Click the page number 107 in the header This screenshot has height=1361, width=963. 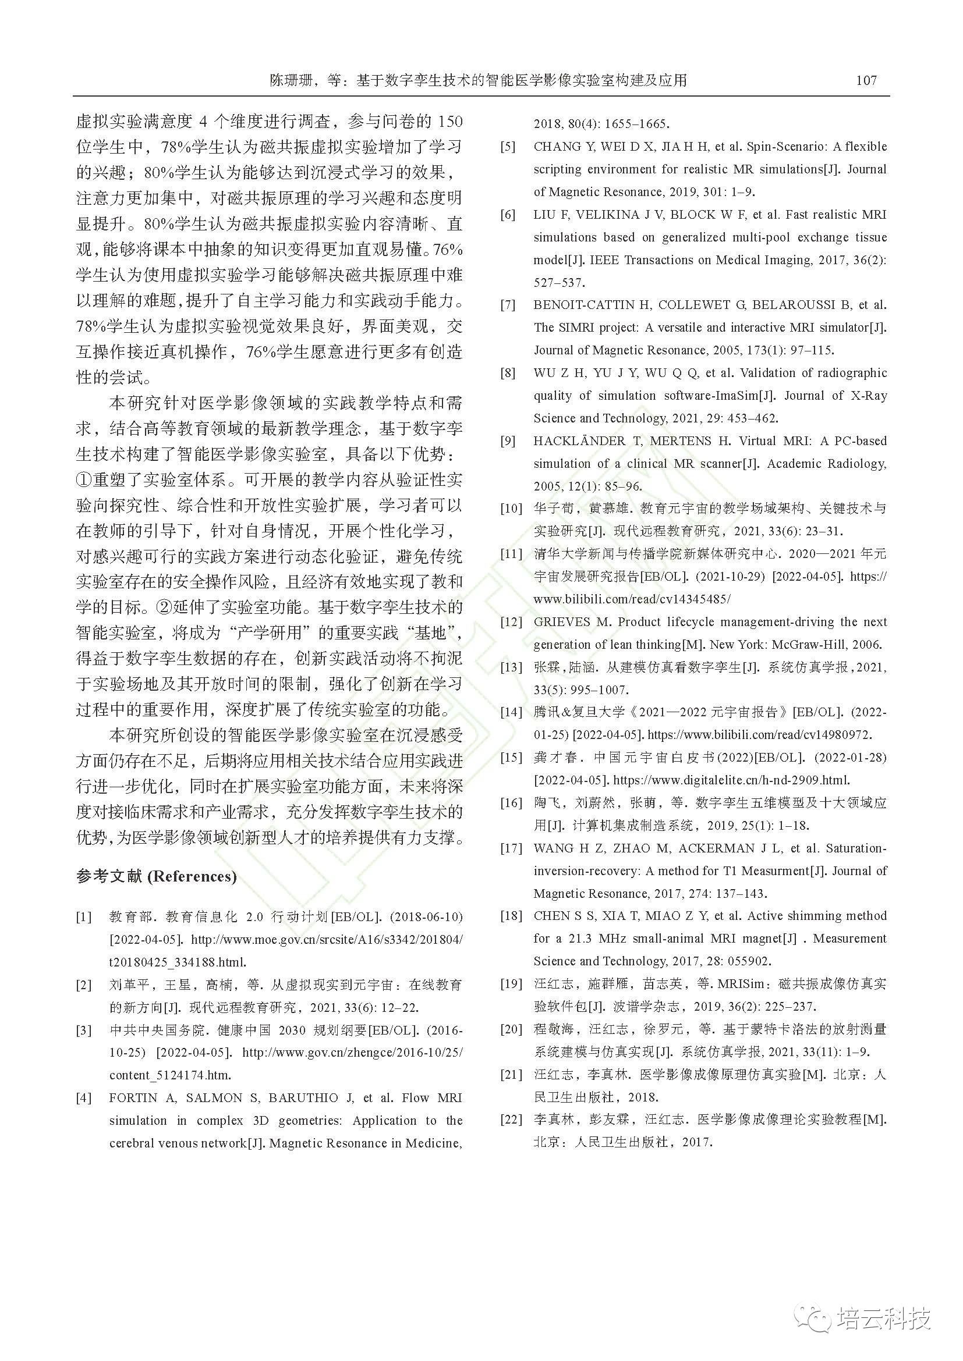pyautogui.click(x=866, y=81)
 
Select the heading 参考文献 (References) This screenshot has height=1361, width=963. pyautogui.click(x=156, y=877)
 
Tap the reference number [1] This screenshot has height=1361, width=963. pyautogui.click(x=84, y=917)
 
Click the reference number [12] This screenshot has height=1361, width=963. pyautogui.click(x=511, y=622)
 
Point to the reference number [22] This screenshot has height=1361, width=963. pyautogui.click(x=511, y=1120)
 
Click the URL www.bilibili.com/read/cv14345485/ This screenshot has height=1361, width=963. pyautogui.click(x=632, y=599)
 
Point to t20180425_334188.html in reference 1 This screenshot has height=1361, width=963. pyautogui.click(x=178, y=962)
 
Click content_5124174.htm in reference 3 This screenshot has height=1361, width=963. pyautogui.click(x=170, y=1075)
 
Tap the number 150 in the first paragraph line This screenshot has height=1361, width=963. pyautogui.click(x=449, y=122)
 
